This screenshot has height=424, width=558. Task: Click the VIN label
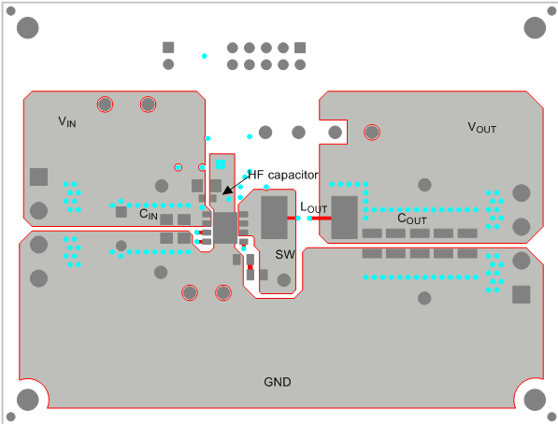point(66,121)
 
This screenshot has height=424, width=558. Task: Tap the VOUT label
point(482,128)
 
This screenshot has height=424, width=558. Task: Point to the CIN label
point(149,214)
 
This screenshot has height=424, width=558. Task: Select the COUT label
point(412,219)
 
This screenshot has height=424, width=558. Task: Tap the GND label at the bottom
point(278,382)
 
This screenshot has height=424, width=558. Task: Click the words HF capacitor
point(283,175)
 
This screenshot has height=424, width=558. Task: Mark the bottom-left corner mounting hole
point(28,399)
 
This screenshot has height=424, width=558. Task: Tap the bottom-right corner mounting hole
point(534,399)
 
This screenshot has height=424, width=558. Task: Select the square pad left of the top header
point(168,48)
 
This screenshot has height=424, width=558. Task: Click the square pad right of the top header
point(300,48)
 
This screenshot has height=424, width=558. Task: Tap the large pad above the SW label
point(274,218)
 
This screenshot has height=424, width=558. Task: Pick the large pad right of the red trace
point(345,217)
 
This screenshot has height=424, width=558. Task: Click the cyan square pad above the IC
point(221,164)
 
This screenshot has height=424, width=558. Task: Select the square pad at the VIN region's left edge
point(38,177)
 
